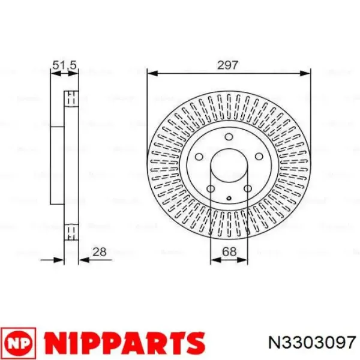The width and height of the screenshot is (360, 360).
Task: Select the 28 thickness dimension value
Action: (x=100, y=253)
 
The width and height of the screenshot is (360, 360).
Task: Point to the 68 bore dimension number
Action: (x=229, y=253)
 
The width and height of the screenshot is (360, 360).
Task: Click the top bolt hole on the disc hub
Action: (x=229, y=137)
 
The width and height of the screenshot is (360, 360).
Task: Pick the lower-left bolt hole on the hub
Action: (x=211, y=190)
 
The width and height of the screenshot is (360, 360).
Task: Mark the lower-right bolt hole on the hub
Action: (x=247, y=190)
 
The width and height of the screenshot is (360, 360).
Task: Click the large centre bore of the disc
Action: (x=229, y=166)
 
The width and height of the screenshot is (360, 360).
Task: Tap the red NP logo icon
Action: (x=19, y=343)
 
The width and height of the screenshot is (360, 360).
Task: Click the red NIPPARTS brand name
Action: (x=122, y=343)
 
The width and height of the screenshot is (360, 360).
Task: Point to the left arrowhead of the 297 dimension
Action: (x=152, y=74)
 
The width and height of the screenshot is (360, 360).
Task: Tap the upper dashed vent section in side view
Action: (x=71, y=98)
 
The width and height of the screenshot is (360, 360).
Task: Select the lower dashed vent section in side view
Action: (x=71, y=232)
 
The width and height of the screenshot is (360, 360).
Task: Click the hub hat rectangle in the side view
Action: (x=56, y=165)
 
